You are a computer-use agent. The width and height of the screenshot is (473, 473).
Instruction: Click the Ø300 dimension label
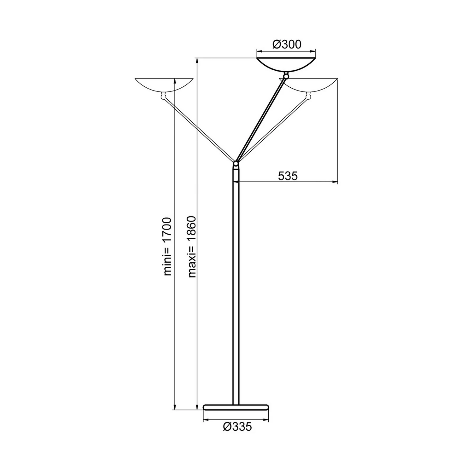pos(287,44)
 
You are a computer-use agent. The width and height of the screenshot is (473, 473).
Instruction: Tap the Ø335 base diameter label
pos(237,427)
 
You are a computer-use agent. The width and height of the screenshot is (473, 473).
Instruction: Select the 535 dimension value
pos(288,176)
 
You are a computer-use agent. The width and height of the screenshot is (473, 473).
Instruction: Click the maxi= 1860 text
pos(192,246)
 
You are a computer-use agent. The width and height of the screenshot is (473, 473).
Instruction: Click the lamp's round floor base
pos(236,407)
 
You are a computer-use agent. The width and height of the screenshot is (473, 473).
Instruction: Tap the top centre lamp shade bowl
pos(286,65)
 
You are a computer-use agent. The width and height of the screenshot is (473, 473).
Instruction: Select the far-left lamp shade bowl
pos(164,84)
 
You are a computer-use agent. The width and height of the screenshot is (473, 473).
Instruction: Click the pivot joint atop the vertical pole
pos(236,164)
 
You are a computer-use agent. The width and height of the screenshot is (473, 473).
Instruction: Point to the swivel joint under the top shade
pos(286,76)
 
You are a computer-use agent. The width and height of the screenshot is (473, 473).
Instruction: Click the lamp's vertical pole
pos(236,284)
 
